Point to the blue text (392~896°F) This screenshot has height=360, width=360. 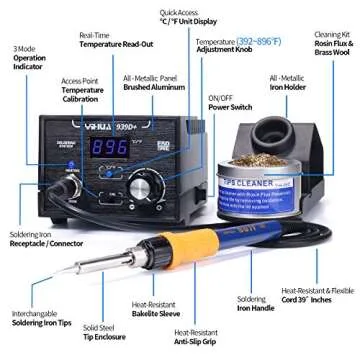(253, 41)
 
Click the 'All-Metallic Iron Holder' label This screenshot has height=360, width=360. (287, 81)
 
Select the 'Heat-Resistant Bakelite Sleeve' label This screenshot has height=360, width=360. (155, 311)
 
